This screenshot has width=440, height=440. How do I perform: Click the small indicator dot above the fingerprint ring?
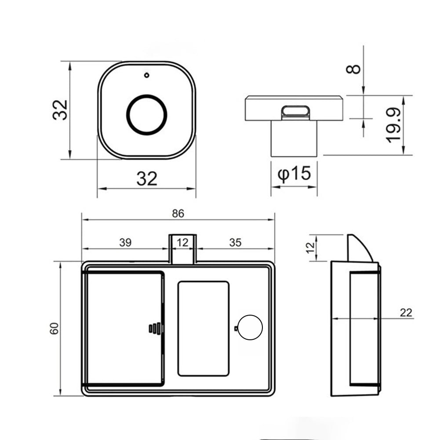[146, 75]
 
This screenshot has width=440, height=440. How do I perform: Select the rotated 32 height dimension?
[60, 110]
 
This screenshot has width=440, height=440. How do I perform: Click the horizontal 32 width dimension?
[147, 178]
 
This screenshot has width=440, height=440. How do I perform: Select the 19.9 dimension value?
[394, 125]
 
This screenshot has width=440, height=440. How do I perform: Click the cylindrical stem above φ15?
[294, 138]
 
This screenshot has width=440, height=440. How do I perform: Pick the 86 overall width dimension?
[178, 214]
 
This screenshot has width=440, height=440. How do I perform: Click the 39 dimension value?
[125, 243]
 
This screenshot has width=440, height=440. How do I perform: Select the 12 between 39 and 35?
[182, 243]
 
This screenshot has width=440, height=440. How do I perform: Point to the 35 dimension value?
[235, 243]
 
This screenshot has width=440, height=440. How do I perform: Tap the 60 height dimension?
[54, 328]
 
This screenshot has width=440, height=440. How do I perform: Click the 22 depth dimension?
[406, 313]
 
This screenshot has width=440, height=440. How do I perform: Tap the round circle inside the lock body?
[250, 327]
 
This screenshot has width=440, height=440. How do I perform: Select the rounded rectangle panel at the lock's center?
[203, 329]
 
